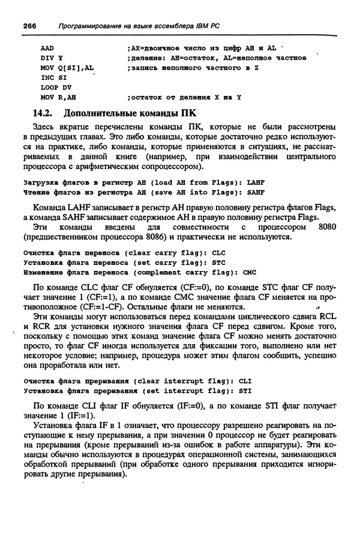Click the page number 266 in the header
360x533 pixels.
pos(30,26)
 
